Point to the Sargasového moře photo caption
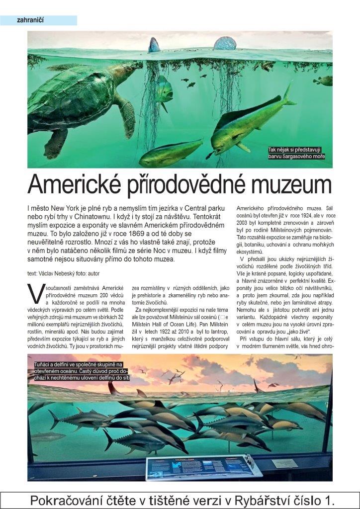click(297, 153)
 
